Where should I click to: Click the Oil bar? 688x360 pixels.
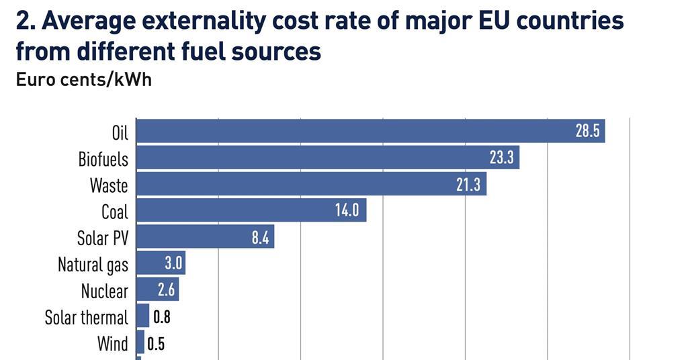pyautogui.click(x=370, y=131)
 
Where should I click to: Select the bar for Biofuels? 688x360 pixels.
pyautogui.click(x=327, y=158)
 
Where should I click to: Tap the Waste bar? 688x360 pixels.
pyautogui.click(x=311, y=184)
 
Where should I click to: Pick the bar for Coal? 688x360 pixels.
pyautogui.click(x=251, y=210)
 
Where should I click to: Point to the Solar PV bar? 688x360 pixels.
pyautogui.click(x=205, y=236)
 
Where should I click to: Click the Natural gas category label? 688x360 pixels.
pyautogui.click(x=93, y=264)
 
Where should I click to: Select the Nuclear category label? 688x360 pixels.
pyautogui.click(x=104, y=291)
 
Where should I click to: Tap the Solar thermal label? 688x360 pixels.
pyautogui.click(x=86, y=317)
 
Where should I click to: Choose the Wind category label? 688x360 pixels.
pyautogui.click(x=112, y=344)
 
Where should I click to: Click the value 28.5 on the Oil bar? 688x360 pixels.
pyautogui.click(x=587, y=131)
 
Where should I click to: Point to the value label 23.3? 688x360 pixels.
pyautogui.click(x=501, y=158)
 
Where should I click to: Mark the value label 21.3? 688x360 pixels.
pyautogui.click(x=468, y=184)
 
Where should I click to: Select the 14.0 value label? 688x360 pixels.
pyautogui.click(x=347, y=210)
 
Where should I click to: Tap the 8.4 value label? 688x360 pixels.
pyautogui.click(x=260, y=236)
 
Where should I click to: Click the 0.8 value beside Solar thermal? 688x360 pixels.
pyautogui.click(x=162, y=317)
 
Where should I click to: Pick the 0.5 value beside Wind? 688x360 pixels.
pyautogui.click(x=156, y=344)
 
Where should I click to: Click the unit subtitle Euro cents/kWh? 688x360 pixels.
pyautogui.click(x=84, y=79)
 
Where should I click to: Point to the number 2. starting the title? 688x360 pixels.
pyautogui.click(x=26, y=22)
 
